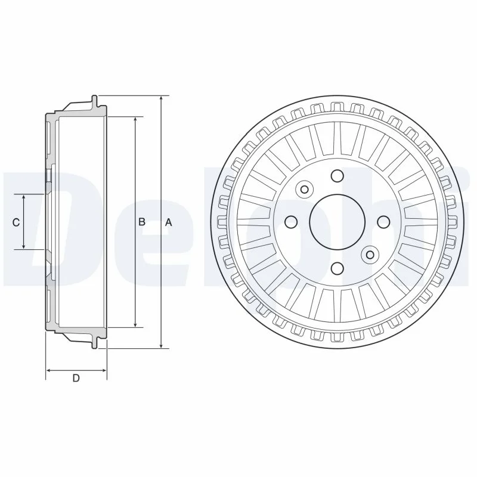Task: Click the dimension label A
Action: click(x=169, y=222)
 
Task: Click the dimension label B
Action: click(x=142, y=222)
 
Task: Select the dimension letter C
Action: click(x=16, y=222)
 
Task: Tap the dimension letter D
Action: click(x=76, y=378)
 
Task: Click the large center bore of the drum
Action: click(x=337, y=222)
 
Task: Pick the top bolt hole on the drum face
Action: click(x=337, y=176)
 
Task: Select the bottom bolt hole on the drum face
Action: click(x=337, y=268)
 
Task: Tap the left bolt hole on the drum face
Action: click(x=292, y=222)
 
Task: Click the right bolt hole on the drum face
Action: click(x=383, y=222)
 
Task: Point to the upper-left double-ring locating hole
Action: click(x=305, y=190)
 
